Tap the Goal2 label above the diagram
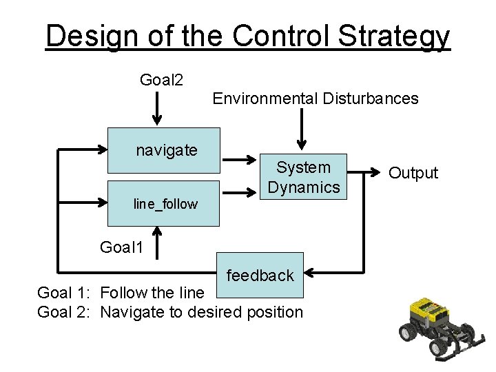(x=161, y=81)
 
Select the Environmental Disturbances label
(x=315, y=99)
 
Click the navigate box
(x=164, y=150)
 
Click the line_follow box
(x=164, y=204)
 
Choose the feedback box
(x=260, y=276)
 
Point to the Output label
(x=413, y=173)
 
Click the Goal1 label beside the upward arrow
(x=122, y=247)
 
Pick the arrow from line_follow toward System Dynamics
(x=240, y=195)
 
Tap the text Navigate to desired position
(x=201, y=312)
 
